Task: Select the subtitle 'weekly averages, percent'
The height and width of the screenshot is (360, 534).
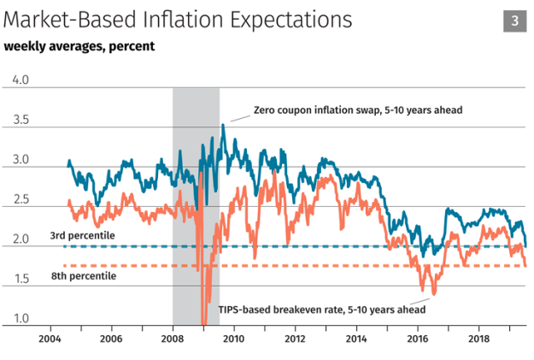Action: [x=79, y=46]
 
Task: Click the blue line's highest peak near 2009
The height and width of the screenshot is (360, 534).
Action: [x=224, y=125]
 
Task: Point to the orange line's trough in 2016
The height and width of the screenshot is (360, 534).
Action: [x=433, y=293]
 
